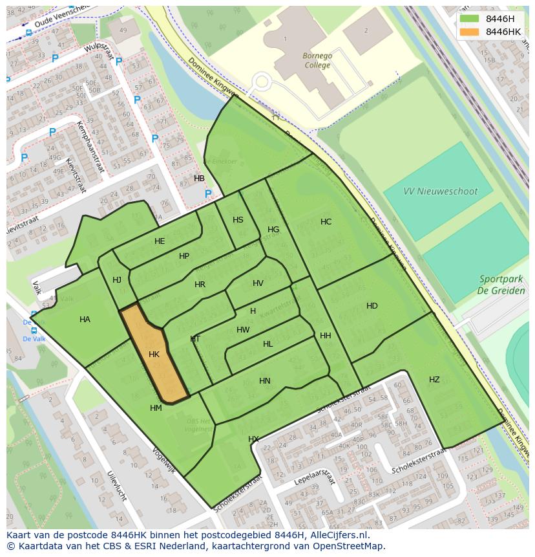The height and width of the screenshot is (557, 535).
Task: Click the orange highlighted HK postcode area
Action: pos(154,355)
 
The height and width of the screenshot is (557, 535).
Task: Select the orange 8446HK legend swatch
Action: pos(470,32)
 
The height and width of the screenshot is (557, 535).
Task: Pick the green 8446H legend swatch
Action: pos(470,19)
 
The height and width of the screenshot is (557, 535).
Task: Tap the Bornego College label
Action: pos(317,60)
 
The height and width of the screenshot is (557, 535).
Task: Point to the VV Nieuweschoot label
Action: pos(439,191)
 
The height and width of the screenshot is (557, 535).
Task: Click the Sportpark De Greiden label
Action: pos(501,285)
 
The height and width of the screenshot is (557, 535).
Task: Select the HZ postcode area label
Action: pos(434,380)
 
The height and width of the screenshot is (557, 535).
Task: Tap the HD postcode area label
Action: pos(372,306)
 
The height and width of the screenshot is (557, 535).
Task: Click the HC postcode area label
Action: pos(326,222)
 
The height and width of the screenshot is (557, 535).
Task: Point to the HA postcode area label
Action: pos(85,320)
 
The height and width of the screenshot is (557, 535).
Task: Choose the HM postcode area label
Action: pos(156,408)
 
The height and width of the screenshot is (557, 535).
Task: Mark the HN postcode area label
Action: pos(265,381)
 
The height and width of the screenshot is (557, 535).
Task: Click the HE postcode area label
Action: pos(160,241)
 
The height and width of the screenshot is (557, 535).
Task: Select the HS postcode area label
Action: pos(238,220)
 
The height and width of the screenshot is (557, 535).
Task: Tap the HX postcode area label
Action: pos(253,439)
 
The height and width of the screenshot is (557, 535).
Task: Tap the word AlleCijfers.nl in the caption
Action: pos(339,535)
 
